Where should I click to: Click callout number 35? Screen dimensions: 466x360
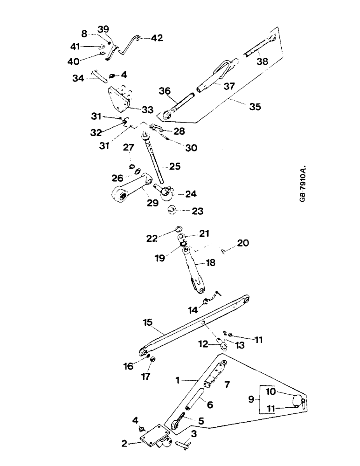click(x=255, y=106)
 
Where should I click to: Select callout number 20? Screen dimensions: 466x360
click(x=243, y=243)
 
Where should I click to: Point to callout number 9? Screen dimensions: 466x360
click(x=251, y=400)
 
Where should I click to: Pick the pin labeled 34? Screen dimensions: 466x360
click(x=100, y=75)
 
